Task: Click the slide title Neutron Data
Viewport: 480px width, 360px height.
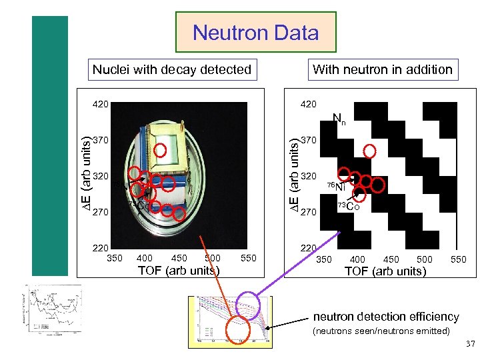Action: pyautogui.click(x=256, y=32)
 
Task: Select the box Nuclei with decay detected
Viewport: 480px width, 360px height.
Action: pyautogui.click(x=172, y=69)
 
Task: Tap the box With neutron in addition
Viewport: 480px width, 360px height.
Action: pyautogui.click(x=383, y=69)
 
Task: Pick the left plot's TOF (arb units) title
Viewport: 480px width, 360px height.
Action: pyautogui.click(x=178, y=270)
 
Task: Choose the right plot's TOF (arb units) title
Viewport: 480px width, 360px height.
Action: pyautogui.click(x=385, y=271)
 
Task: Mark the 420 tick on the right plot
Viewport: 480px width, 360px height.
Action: pyautogui.click(x=309, y=104)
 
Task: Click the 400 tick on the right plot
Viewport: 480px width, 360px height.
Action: pyautogui.click(x=357, y=259)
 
